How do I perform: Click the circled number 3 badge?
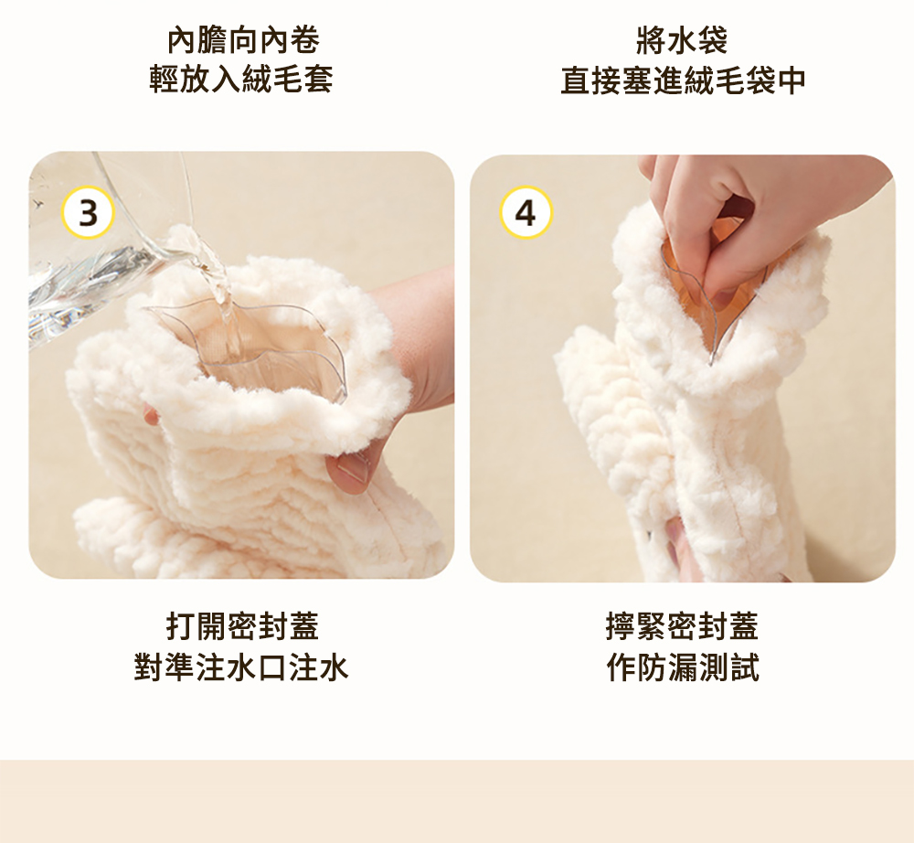(88, 213)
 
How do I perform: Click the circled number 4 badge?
(526, 213)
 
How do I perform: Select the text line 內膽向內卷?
(242, 39)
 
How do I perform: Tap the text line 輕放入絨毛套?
(242, 80)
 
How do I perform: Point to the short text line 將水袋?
(682, 39)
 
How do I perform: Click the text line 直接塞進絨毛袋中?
(683, 80)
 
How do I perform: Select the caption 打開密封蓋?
(242, 626)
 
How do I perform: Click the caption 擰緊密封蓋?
(682, 626)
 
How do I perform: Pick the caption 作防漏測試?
(682, 667)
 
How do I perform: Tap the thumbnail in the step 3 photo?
(352, 471)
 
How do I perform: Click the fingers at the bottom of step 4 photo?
(681, 549)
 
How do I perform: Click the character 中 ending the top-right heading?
(791, 80)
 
